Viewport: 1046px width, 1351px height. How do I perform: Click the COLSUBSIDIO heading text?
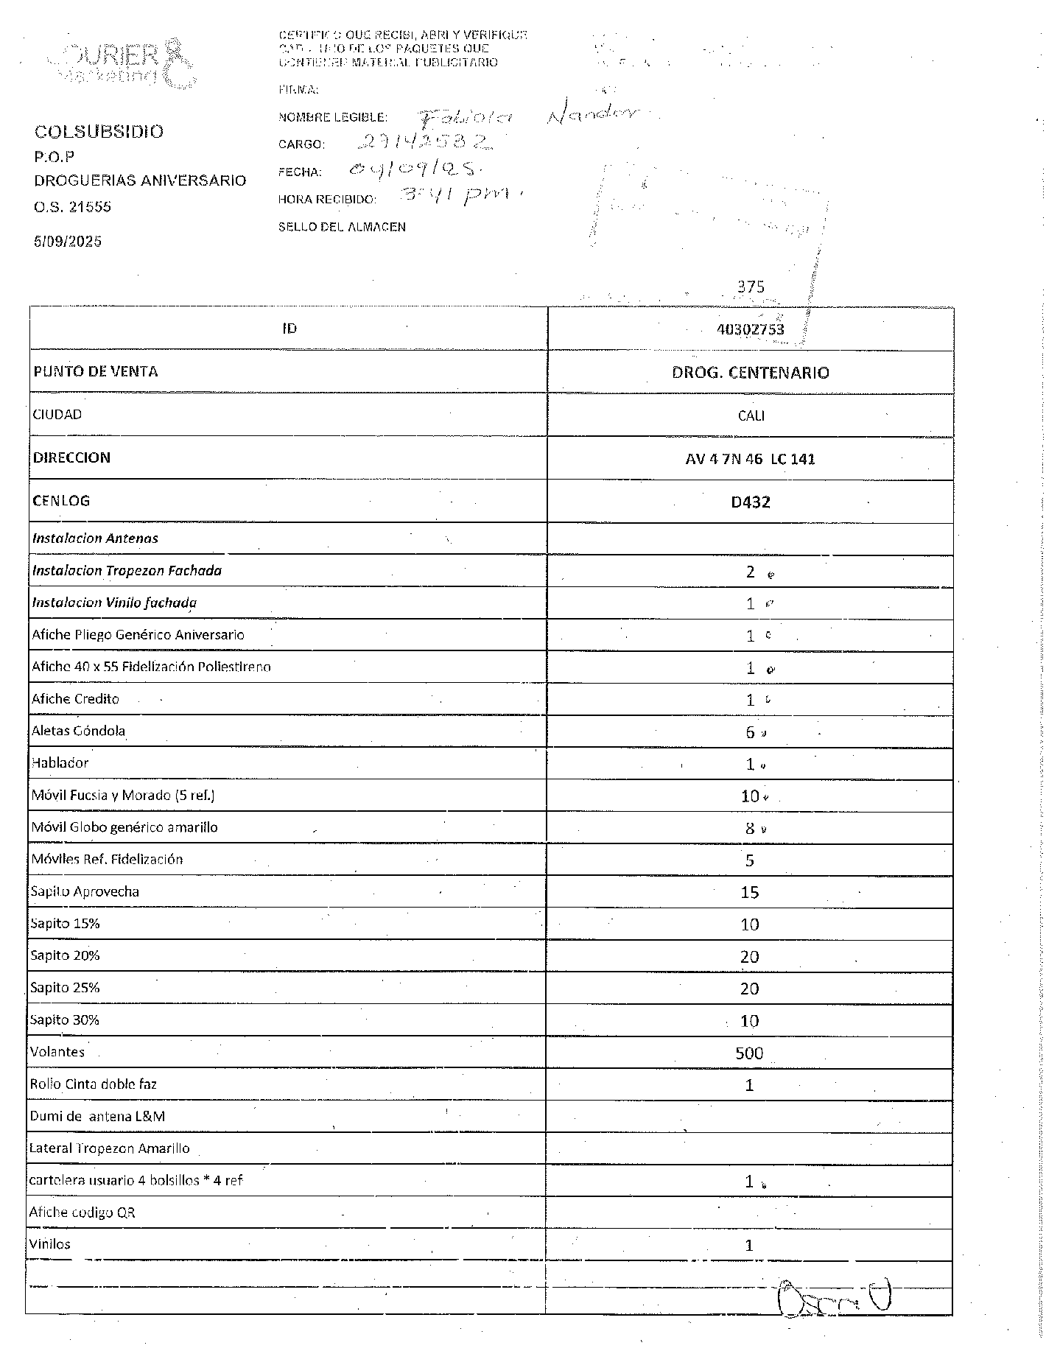coord(99,132)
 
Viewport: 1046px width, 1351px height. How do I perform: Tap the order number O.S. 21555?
coord(72,207)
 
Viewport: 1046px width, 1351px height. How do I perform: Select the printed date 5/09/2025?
coord(68,242)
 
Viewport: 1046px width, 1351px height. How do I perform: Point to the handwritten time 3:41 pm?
coord(454,195)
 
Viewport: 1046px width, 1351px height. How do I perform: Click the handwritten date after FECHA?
coord(415,169)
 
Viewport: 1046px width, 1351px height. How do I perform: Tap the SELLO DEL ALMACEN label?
coord(342,227)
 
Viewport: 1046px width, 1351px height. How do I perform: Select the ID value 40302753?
coord(750,329)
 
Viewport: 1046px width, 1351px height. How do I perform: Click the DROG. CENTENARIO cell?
coord(750,373)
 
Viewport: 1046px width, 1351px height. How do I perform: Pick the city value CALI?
coord(751,415)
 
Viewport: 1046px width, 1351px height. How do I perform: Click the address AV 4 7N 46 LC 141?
coord(750,459)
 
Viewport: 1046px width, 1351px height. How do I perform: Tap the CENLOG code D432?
coord(750,502)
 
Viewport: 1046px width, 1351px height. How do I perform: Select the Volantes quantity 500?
coord(749,1053)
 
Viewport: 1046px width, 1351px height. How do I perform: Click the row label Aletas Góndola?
coord(78,731)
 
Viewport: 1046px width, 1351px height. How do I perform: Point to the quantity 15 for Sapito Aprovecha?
coord(749,893)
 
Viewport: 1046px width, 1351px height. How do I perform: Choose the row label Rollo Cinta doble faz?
coord(93,1084)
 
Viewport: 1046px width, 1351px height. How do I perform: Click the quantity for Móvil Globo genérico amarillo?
coord(750,828)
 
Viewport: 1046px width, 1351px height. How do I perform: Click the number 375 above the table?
coord(751,287)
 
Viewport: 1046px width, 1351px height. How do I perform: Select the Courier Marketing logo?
coord(122,63)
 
